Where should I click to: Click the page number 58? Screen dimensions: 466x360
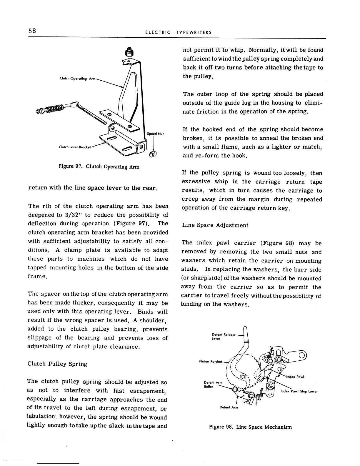point(32,31)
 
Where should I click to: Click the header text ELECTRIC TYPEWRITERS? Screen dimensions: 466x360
point(178,32)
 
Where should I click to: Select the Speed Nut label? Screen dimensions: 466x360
point(155,134)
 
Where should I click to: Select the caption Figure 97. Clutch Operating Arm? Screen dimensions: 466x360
point(99,167)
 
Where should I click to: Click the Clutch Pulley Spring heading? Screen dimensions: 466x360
point(57,364)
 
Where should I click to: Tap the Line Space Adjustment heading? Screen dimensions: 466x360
point(215,225)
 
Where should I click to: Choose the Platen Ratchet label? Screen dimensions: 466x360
point(211,362)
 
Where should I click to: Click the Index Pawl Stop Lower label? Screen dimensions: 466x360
point(299,391)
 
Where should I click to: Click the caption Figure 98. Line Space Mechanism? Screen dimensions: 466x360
point(250,427)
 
